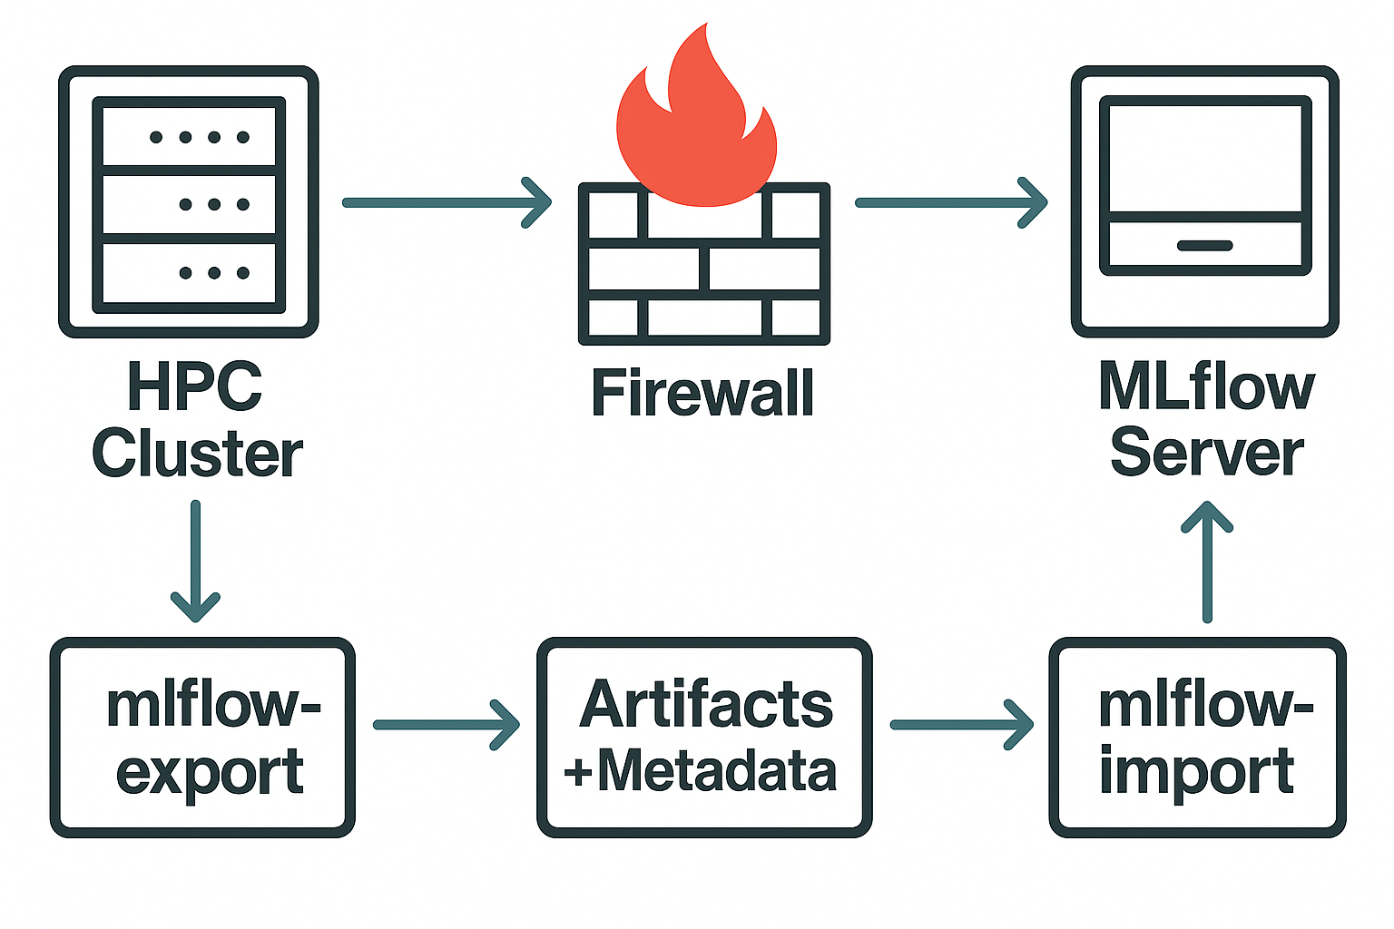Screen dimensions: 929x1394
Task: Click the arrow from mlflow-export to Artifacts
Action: pos(446,724)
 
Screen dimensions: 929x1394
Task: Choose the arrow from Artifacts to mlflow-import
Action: pos(961,724)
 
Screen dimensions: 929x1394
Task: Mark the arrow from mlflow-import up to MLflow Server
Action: pos(1207,562)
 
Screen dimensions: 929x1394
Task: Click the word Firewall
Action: pos(702,393)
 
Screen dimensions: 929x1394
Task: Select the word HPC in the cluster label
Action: pos(195,386)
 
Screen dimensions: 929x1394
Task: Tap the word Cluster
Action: pos(197,454)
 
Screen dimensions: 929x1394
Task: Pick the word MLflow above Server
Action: pos(1206,386)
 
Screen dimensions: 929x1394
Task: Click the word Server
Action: pos(1206,453)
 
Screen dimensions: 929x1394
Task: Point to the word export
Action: pos(210,773)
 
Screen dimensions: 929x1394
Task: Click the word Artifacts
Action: pos(706,705)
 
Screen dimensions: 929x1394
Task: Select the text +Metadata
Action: pos(700,771)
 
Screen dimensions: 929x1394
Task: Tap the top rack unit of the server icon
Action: pos(189,137)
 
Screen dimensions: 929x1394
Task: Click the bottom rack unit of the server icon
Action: pos(189,272)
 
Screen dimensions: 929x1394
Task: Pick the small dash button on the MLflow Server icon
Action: pos(1204,246)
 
